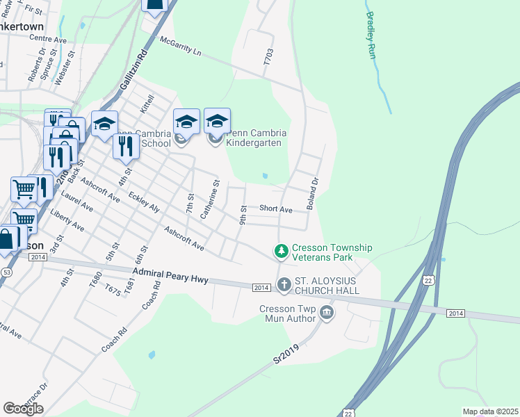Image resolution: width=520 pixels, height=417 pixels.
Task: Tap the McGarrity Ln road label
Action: click(180, 47)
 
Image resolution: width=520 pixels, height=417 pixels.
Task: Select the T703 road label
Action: click(268, 57)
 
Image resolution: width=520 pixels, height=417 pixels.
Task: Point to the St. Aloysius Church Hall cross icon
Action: click(284, 284)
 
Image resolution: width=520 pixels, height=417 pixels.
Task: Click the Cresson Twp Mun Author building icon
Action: click(327, 314)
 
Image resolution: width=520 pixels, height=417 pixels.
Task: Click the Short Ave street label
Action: click(275, 208)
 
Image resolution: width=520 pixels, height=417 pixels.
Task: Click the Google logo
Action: click(23, 409)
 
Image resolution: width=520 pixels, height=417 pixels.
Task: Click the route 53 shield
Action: click(6, 271)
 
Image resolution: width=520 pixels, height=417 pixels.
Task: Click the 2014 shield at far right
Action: click(455, 313)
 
